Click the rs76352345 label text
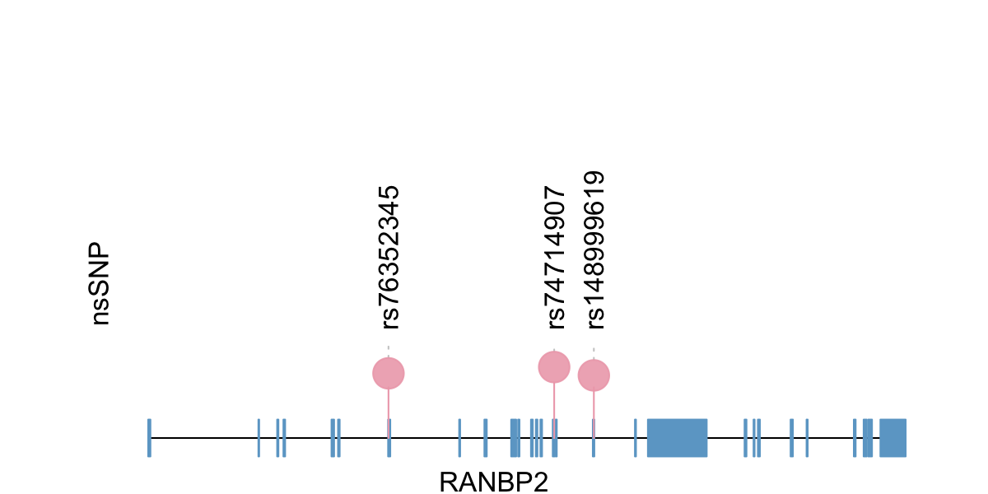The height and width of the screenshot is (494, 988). click(388, 257)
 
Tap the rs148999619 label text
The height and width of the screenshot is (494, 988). click(594, 249)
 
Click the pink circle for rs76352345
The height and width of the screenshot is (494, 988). click(389, 374)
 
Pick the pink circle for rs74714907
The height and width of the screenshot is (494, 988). click(554, 366)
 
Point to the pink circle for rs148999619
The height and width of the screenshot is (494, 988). click(594, 375)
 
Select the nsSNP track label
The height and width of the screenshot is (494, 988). click(100, 283)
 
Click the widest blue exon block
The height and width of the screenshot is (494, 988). click(677, 438)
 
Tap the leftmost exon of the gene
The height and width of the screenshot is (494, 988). click(149, 438)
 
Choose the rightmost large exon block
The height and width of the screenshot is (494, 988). click(892, 438)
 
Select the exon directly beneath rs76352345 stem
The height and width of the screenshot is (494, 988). click(389, 438)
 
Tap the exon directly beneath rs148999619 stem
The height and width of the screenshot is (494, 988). click(594, 438)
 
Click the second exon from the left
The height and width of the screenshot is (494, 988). click(259, 438)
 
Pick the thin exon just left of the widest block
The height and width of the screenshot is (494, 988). click(636, 438)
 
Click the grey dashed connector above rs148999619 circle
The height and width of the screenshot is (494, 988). click(594, 354)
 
